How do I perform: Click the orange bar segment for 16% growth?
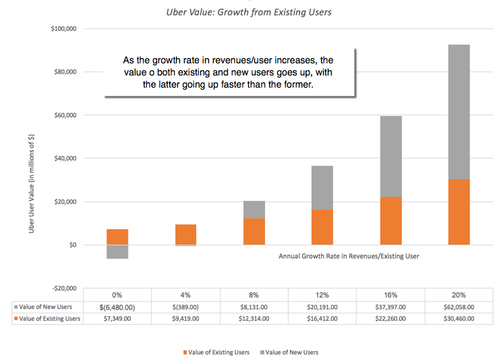click(390, 220)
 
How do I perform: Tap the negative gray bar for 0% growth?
click(117, 251)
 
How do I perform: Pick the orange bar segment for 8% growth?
click(254, 231)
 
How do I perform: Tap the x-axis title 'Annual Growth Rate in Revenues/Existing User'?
click(349, 256)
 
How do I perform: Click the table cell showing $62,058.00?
click(459, 307)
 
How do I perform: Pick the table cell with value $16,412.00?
click(322, 318)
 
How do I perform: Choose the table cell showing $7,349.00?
click(117, 318)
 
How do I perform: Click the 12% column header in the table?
click(322, 295)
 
